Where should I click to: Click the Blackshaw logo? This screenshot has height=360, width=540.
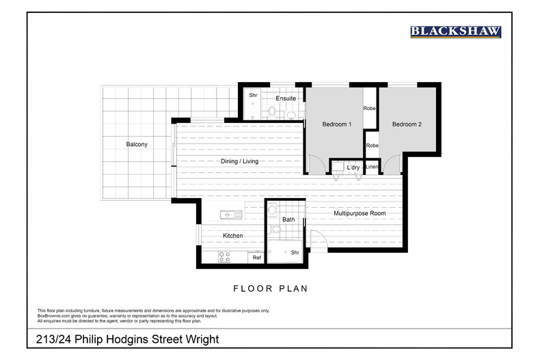click(x=455, y=31)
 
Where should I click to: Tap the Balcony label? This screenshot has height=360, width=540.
click(x=136, y=144)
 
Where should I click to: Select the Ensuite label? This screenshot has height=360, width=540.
click(x=286, y=98)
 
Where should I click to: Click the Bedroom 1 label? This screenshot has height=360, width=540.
click(x=336, y=124)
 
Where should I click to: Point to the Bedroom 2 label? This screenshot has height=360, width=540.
click(x=407, y=124)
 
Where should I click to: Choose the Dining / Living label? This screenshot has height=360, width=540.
click(x=239, y=161)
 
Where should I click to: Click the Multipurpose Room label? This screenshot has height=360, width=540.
click(x=360, y=214)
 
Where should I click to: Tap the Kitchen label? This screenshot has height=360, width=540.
click(x=233, y=236)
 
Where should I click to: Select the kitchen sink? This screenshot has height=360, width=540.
click(x=231, y=214)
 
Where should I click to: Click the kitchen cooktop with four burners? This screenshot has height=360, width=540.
click(x=224, y=257)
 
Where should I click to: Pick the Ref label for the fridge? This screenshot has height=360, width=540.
click(x=257, y=258)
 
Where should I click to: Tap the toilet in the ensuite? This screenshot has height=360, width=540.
click(x=272, y=110)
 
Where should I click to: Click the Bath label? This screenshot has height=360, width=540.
click(x=288, y=219)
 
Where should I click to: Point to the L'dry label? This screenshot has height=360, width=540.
click(x=353, y=167)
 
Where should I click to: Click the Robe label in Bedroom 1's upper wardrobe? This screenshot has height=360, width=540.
click(x=370, y=108)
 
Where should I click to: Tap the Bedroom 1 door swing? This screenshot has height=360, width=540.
click(x=317, y=165)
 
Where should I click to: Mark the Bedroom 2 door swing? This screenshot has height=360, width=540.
click(x=392, y=165)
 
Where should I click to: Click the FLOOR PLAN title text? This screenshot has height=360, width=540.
click(x=270, y=288)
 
